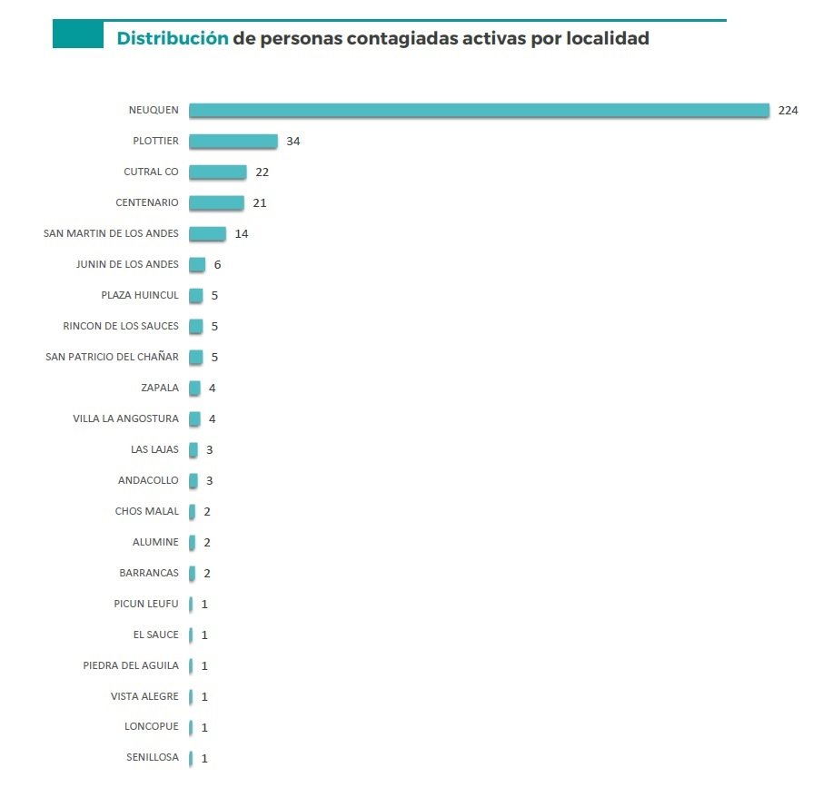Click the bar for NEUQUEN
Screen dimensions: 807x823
[x=479, y=110]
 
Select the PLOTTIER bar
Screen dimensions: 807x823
[x=233, y=141]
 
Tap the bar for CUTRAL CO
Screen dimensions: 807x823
[x=217, y=172]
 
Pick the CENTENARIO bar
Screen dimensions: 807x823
[x=216, y=202]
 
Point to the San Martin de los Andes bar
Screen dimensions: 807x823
[x=207, y=233]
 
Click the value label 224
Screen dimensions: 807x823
[x=788, y=110]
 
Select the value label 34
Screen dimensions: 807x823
[x=293, y=141]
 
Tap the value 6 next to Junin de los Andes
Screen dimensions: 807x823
[x=217, y=264]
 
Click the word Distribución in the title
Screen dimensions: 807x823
[x=173, y=38]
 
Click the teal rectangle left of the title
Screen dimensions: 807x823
[x=78, y=34]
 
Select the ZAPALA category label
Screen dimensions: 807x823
[x=160, y=388]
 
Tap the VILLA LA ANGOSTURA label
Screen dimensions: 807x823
[x=125, y=418]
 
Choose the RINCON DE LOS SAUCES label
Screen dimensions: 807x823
[x=121, y=326]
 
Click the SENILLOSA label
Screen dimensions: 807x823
[x=153, y=758]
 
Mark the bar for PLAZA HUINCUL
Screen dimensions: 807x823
[x=195, y=295]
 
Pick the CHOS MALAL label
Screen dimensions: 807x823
[x=147, y=511]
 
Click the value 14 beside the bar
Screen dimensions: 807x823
[x=241, y=233]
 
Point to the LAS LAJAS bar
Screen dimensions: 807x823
[x=193, y=449]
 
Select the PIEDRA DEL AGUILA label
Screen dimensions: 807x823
[x=131, y=665]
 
